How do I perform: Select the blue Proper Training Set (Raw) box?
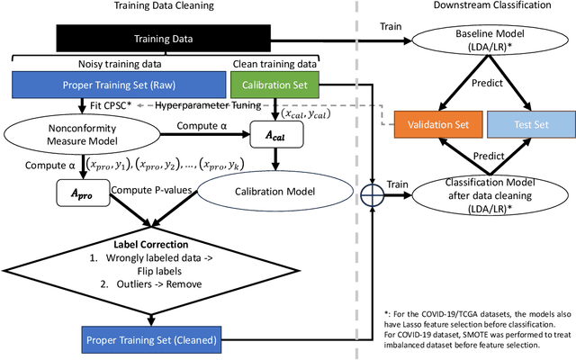tap(113, 85)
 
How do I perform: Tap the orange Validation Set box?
tap(438, 124)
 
